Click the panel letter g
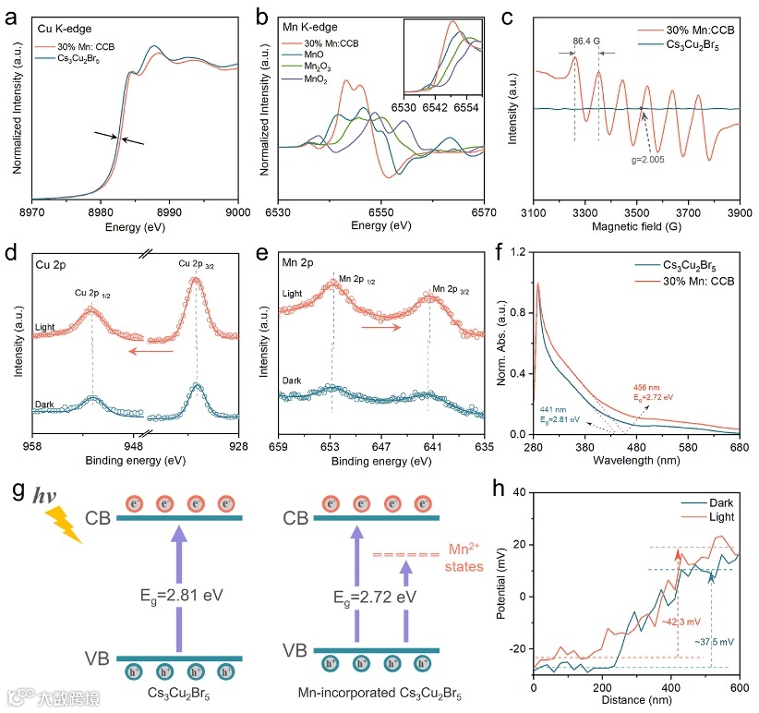14,487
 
